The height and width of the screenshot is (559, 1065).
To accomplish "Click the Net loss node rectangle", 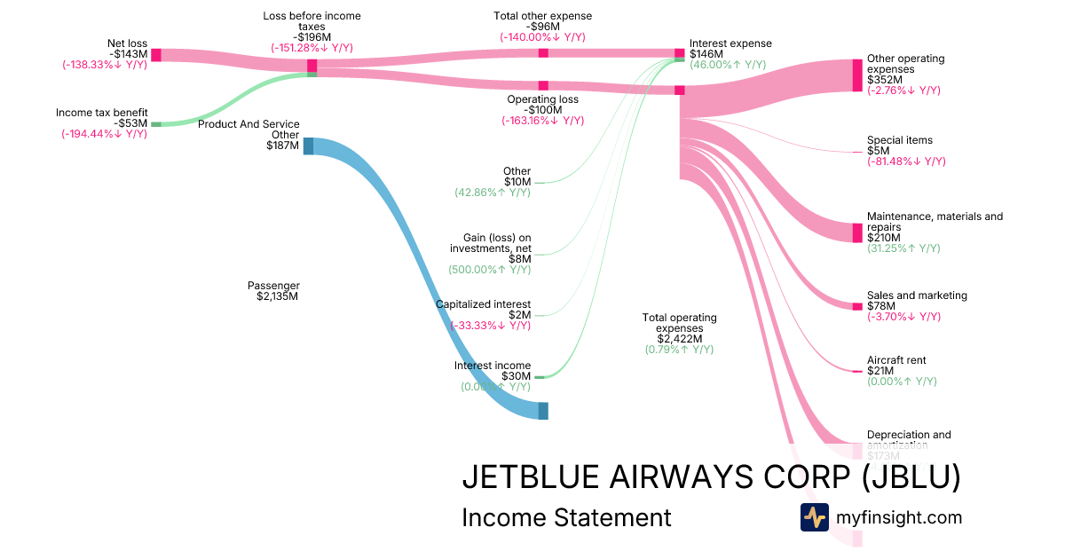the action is tap(155, 55).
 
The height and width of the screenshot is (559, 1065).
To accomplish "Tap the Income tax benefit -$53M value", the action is tap(130, 123).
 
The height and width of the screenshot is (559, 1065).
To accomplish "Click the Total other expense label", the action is tap(542, 16).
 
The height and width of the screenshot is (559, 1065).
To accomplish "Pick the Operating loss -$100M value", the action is tap(542, 110).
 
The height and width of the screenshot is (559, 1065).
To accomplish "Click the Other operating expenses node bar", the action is tap(857, 75).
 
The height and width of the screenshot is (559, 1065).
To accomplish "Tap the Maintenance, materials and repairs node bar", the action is tap(857, 232).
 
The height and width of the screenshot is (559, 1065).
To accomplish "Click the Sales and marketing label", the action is tap(917, 295).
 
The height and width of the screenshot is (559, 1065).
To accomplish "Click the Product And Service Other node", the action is tap(309, 146).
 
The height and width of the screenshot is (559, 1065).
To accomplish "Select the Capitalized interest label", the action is tap(483, 304).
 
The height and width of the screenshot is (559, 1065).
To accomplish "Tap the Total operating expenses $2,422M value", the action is tap(680, 339).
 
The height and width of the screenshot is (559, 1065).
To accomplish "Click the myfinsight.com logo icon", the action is tap(815, 517).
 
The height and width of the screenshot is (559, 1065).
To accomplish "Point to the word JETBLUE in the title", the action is tap(530, 478).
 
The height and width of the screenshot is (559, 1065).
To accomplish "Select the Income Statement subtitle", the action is tap(566, 517).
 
